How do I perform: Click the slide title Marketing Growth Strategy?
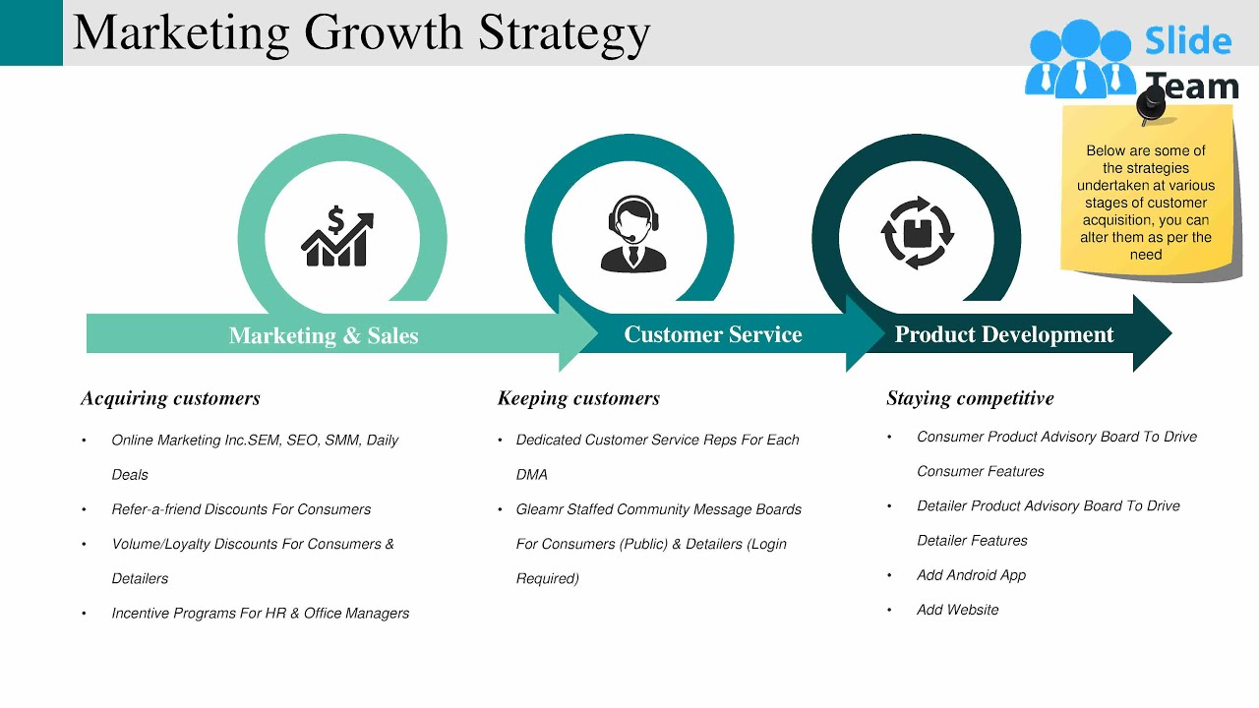(361, 32)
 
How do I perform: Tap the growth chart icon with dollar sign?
(337, 237)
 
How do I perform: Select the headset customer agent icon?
(632, 234)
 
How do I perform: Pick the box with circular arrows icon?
(917, 233)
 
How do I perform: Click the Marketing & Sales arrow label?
(324, 335)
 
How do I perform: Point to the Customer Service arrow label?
(713, 334)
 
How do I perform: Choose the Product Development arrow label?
(1003, 334)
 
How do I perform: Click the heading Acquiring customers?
(170, 398)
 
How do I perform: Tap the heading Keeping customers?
(578, 398)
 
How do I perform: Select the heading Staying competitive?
(970, 398)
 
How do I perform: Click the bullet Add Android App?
(971, 575)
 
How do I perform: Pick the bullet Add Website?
(957, 610)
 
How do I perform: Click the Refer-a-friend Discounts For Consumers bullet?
(241, 509)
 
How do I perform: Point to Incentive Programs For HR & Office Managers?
(260, 613)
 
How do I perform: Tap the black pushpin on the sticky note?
(1150, 102)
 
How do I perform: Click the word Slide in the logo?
(1188, 41)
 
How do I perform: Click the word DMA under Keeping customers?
(532, 474)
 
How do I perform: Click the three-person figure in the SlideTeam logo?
(1079, 59)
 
